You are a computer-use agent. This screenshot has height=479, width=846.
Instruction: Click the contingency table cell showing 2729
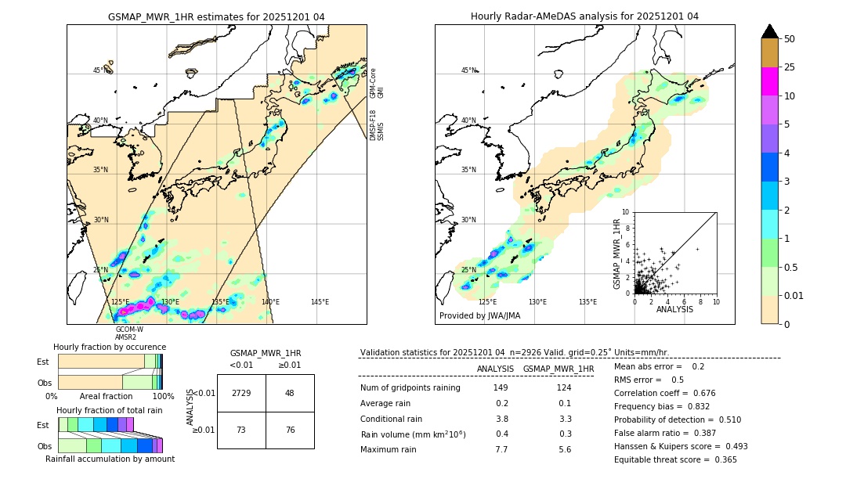tap(241, 393)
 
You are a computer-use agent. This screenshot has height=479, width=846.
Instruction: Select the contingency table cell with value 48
tap(290, 393)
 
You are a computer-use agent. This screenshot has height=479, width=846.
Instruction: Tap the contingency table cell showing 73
tap(241, 430)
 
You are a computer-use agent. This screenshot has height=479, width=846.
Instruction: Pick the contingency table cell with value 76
tap(290, 430)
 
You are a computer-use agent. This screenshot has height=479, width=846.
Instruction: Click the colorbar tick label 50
tap(790, 39)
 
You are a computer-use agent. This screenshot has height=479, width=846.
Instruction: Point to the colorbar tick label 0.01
tap(794, 295)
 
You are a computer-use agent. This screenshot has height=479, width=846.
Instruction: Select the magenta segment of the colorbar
tap(770, 81)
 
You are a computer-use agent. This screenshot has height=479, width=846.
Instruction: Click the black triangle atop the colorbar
tap(770, 31)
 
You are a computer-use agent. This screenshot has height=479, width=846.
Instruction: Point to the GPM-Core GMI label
tap(377, 83)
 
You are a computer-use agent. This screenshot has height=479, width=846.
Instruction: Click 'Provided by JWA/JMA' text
tap(479, 316)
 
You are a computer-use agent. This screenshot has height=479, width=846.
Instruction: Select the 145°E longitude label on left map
tap(320, 302)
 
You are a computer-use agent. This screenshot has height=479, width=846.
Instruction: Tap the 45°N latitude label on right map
tap(468, 70)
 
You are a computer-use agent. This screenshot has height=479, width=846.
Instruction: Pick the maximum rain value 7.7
tap(501, 450)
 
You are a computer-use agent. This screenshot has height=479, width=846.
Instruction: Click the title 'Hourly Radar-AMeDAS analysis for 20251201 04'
tap(584, 16)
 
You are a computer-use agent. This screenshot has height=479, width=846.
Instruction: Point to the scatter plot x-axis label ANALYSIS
tap(674, 310)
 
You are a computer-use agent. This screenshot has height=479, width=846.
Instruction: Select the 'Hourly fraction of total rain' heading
tap(110, 411)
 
